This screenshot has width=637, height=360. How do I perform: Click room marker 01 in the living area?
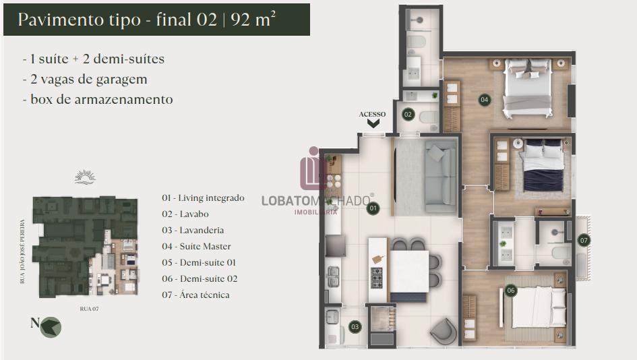click(x=373, y=208)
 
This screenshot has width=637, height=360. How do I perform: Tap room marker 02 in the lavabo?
click(x=408, y=115)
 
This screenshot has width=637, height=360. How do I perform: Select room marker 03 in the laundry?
click(x=355, y=327)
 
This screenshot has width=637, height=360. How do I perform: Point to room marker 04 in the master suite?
click(x=484, y=100)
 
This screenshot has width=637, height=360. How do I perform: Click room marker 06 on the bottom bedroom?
click(x=511, y=291)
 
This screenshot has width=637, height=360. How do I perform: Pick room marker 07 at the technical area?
click(x=584, y=240)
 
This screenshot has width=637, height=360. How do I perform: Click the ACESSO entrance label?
click(x=372, y=114)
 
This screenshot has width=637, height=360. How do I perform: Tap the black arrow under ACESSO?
click(x=373, y=123)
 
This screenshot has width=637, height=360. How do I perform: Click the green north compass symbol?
click(x=51, y=327)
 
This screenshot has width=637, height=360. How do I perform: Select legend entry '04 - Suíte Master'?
click(x=196, y=246)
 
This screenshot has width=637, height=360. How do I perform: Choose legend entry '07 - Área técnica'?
click(x=195, y=295)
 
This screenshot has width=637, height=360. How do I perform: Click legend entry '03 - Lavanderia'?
click(x=193, y=230)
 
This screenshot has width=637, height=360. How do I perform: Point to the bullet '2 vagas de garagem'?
click(x=85, y=80)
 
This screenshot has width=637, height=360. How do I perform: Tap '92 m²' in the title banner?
click(x=253, y=19)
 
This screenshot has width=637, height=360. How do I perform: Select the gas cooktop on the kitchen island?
click(x=377, y=278)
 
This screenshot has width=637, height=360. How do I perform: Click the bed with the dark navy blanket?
click(x=543, y=165)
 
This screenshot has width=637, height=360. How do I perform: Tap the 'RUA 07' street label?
click(x=90, y=309)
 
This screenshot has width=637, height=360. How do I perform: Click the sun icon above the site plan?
click(x=85, y=177)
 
